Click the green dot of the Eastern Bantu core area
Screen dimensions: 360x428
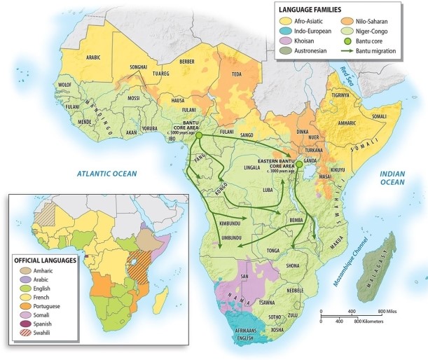[299, 165]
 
